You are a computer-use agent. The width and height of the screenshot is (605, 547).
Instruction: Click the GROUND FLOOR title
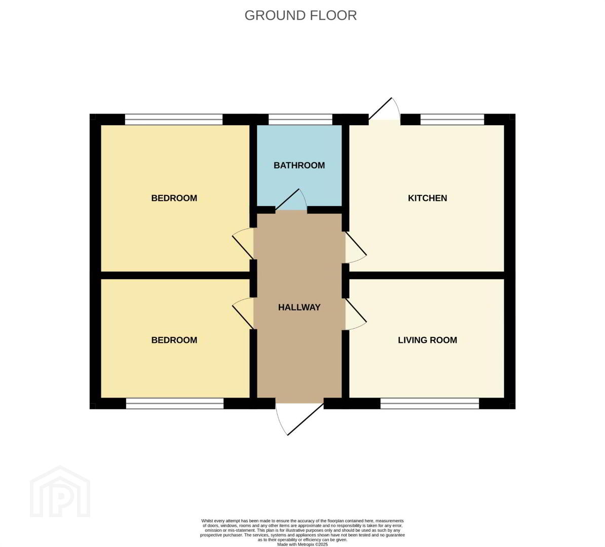point(300,15)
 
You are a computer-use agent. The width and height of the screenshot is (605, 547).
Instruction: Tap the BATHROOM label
point(299,166)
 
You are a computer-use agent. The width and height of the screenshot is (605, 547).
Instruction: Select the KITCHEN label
point(428,198)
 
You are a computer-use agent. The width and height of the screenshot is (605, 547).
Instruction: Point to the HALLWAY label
point(299,307)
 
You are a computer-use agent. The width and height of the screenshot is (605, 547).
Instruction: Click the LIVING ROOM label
point(428,340)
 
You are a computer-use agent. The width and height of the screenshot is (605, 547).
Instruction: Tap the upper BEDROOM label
point(174,198)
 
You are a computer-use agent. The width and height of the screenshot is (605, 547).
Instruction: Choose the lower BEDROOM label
point(174,340)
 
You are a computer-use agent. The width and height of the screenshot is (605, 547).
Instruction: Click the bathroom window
point(300,120)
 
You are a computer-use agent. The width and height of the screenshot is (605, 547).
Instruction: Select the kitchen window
point(452,120)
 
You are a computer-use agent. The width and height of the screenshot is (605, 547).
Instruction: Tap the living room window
point(430,404)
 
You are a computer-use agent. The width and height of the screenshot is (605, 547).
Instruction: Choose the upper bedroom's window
point(174,120)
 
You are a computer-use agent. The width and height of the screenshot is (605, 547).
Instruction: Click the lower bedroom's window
point(175,404)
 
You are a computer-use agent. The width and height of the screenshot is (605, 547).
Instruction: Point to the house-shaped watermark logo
point(60,491)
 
